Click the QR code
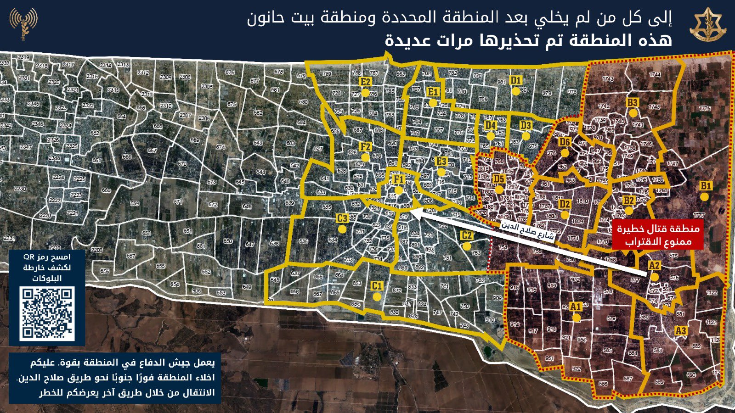(x=47, y=313)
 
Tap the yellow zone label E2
(x=366, y=82)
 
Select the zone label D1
(x=516, y=81)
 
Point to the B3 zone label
(x=633, y=102)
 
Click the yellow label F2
(x=366, y=147)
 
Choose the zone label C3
(x=342, y=218)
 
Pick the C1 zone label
(x=377, y=286)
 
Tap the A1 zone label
(x=576, y=307)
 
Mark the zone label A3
(x=681, y=331)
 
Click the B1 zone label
(x=706, y=186)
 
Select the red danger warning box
(x=657, y=235)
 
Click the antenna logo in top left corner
(x=24, y=23)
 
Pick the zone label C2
(x=466, y=236)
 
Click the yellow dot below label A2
(x=655, y=277)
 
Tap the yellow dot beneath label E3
(x=441, y=172)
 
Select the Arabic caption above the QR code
(x=47, y=268)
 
